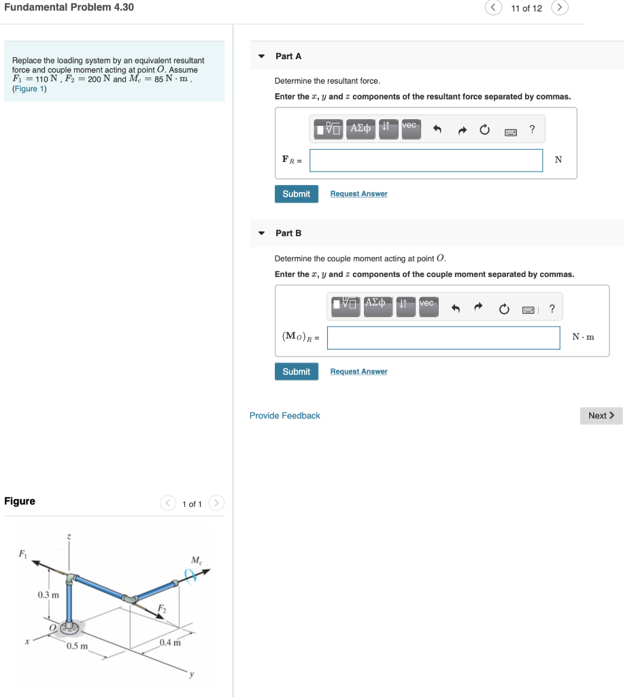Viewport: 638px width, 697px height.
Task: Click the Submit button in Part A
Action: (296, 194)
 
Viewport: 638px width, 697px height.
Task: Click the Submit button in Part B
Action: (296, 372)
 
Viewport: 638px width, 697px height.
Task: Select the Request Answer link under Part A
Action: (358, 194)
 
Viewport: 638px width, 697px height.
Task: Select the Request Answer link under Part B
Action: (358, 372)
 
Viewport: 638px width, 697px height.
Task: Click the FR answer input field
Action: (426, 161)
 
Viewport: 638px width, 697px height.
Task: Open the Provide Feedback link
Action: (284, 416)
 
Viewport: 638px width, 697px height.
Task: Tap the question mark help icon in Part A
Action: (532, 129)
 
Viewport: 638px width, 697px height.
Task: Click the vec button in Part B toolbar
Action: (427, 307)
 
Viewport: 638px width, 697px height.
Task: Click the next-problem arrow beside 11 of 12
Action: (559, 8)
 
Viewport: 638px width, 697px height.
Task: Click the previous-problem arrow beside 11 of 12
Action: (492, 8)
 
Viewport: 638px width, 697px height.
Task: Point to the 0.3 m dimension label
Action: (48, 595)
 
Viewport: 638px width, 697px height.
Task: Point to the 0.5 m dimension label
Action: (77, 646)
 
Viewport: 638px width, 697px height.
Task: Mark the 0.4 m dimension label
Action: (170, 643)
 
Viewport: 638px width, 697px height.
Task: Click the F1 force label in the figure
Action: (23, 552)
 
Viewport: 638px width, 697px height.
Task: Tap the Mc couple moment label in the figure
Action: (196, 560)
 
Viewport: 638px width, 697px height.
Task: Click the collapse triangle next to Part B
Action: (261, 233)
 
